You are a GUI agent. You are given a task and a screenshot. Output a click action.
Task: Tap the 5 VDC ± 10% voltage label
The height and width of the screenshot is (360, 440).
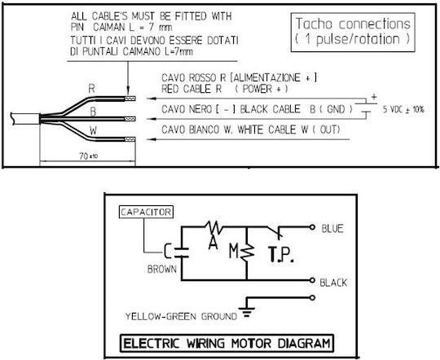pyautogui.click(x=403, y=109)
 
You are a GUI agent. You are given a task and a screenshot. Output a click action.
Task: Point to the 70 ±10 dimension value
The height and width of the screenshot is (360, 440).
pyautogui.click(x=88, y=156)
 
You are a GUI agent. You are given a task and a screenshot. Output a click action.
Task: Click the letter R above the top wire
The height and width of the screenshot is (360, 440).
pyautogui.click(x=92, y=89)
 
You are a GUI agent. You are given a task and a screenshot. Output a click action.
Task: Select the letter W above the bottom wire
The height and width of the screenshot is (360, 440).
pyautogui.click(x=93, y=130)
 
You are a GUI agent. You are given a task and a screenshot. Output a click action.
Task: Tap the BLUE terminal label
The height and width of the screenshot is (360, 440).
pyautogui.click(x=332, y=229)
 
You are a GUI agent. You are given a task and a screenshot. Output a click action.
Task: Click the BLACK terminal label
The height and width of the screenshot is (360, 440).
pyautogui.click(x=333, y=283)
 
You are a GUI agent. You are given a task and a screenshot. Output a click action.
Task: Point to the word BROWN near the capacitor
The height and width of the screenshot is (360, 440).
pyautogui.click(x=162, y=270)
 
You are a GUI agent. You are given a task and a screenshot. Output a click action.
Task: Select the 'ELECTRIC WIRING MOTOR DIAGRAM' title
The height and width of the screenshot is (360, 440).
pyautogui.click(x=227, y=344)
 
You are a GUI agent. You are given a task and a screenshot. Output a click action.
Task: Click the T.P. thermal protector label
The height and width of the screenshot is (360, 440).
pyautogui.click(x=281, y=254)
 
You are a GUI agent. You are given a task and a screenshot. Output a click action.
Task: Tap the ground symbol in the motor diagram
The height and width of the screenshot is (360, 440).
pyautogui.click(x=247, y=312)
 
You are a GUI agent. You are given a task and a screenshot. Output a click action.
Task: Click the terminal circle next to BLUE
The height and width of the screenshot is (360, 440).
pyautogui.click(x=312, y=227)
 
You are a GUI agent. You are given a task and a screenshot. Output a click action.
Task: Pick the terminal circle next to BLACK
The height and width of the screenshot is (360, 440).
pyautogui.click(x=312, y=280)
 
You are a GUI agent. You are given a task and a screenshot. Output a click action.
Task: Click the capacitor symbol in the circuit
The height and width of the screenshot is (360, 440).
pyautogui.click(x=181, y=252)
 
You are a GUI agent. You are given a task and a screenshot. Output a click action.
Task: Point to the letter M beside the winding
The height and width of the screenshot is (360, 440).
pyautogui.click(x=234, y=251)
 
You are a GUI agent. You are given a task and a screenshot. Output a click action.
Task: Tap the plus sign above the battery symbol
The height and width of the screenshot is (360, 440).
pyautogui.click(x=374, y=97)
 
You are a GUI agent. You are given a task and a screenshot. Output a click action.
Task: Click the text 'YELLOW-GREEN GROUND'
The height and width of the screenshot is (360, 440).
pyautogui.click(x=181, y=317)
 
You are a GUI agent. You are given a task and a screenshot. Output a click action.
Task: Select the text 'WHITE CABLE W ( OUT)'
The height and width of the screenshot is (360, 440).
pyautogui.click(x=288, y=130)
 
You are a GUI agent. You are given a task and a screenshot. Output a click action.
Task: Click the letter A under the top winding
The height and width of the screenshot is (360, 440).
pyautogui.click(x=213, y=243)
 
